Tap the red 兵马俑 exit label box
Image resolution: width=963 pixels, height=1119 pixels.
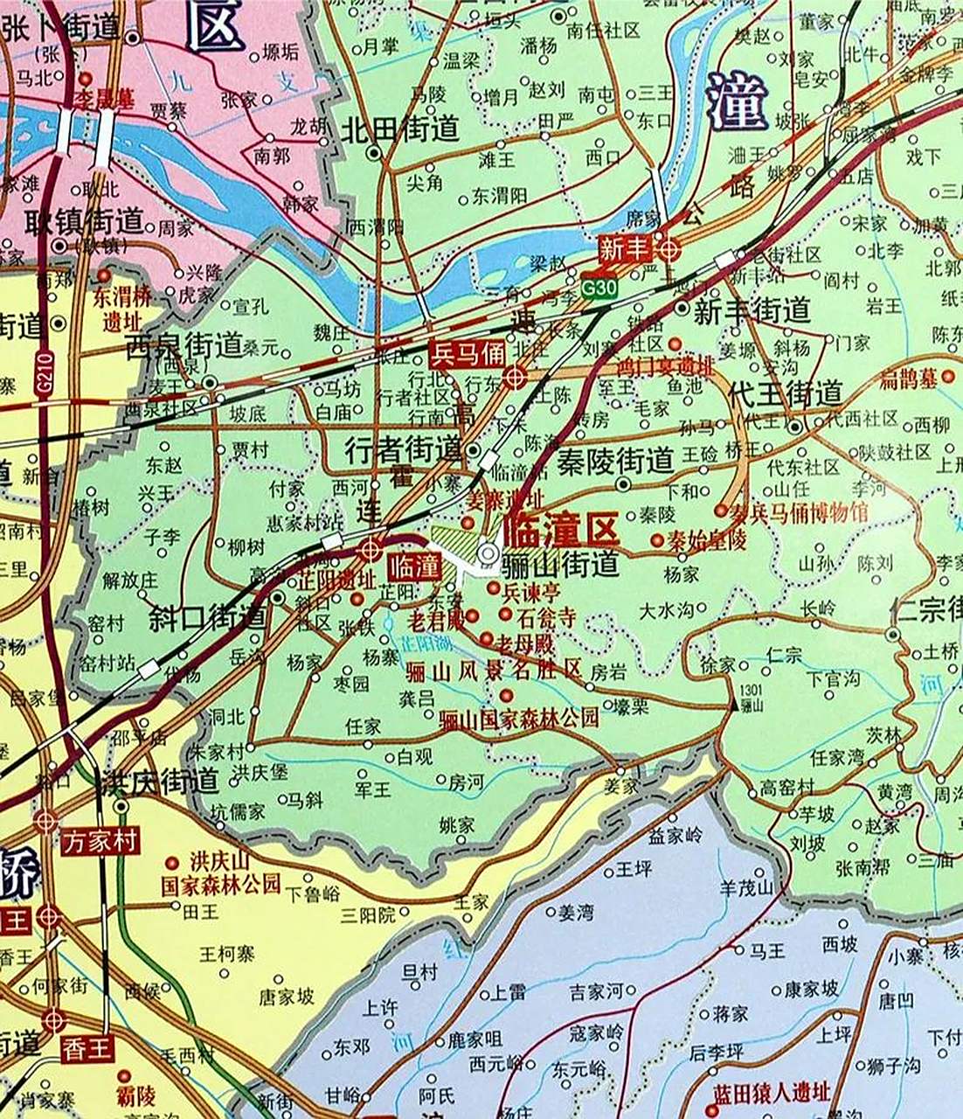coord(468,354)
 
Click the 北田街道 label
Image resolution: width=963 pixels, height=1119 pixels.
coord(399,129)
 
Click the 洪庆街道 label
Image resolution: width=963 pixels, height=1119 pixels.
coord(159,780)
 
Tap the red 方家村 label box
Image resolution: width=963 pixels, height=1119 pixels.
coord(100,841)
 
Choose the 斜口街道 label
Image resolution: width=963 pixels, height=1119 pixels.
coord(207,617)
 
